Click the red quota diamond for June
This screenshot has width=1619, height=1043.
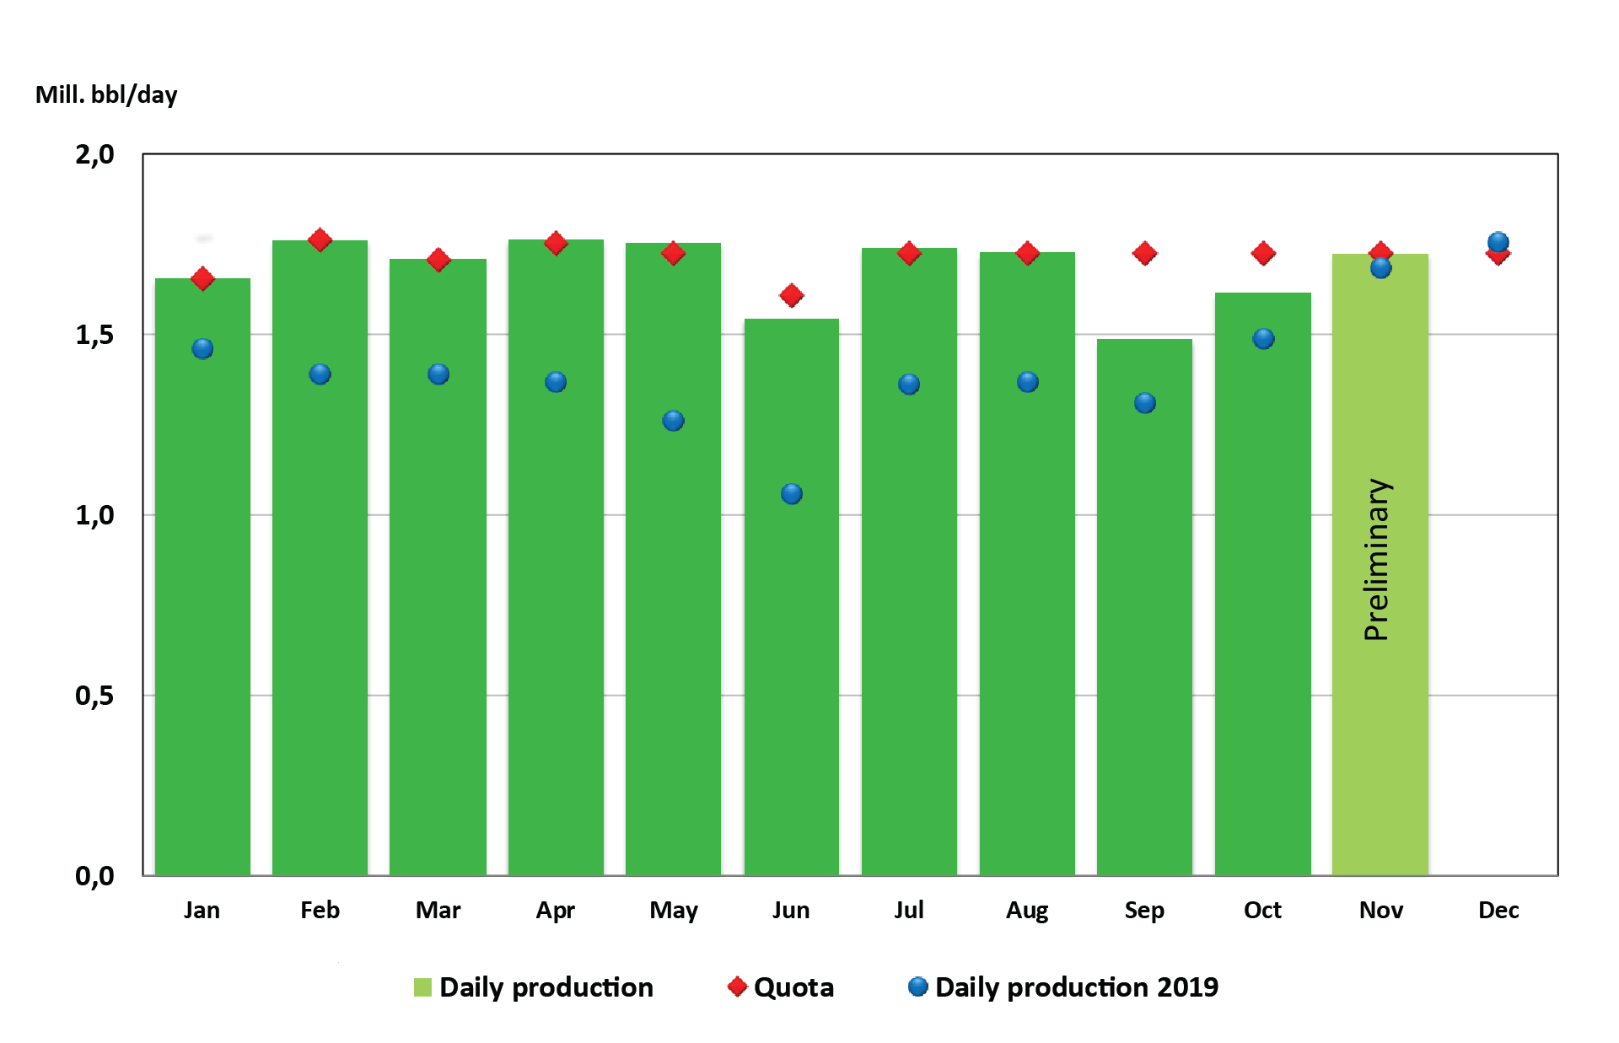click(791, 295)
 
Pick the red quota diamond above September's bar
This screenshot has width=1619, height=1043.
click(1144, 253)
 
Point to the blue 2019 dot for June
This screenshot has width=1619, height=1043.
click(791, 493)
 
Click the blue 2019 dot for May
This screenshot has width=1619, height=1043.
click(673, 420)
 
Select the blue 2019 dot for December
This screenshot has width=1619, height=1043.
click(1498, 242)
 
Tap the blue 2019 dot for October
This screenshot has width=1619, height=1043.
click(1262, 338)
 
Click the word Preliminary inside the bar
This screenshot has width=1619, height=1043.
click(1377, 559)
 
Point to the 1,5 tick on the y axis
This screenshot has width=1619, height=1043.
click(94, 335)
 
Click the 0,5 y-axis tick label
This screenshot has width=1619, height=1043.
click(94, 696)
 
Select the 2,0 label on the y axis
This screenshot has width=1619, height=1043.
click(94, 154)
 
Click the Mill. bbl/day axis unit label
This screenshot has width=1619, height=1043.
click(106, 94)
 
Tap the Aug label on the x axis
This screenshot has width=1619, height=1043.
click(1026, 910)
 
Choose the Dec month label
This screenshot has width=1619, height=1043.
click(1498, 910)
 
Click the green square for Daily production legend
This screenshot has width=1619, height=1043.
click(422, 987)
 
